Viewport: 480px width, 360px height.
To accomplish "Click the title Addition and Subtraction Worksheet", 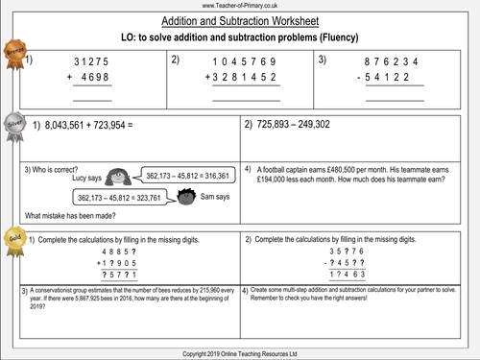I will [239, 19].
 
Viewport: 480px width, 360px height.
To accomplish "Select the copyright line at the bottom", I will [240, 352].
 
